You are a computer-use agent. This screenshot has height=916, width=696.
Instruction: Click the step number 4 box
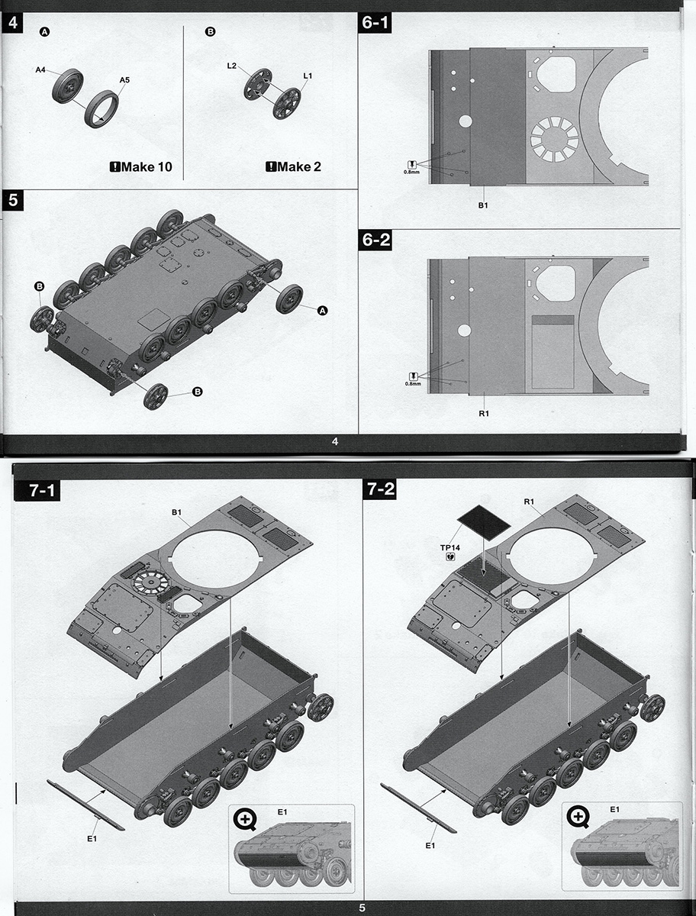(12, 23)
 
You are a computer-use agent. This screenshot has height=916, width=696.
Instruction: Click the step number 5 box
(12, 201)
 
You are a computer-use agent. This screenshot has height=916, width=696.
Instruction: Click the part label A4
(41, 70)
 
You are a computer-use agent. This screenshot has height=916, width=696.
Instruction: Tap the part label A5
(124, 80)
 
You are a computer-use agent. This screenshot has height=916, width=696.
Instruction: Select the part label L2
(231, 66)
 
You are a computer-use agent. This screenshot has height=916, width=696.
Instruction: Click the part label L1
(308, 76)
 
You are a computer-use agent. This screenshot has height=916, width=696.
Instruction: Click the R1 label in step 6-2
(483, 413)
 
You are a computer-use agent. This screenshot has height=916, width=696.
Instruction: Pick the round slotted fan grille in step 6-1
(554, 138)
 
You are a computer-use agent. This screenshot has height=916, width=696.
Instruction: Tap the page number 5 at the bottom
(362, 908)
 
